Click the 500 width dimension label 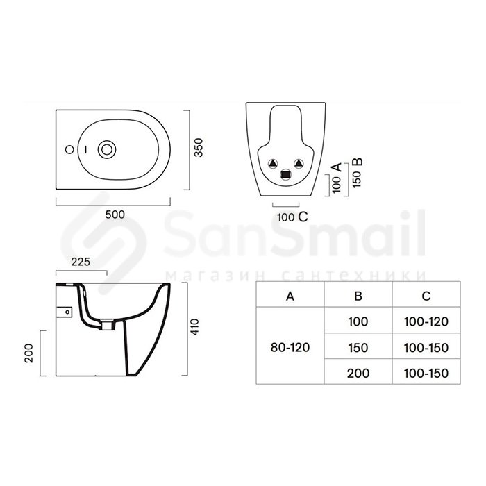click(x=115, y=215)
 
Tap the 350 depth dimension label click(x=199, y=147)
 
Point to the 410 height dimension click(x=194, y=327)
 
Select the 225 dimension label click(x=81, y=262)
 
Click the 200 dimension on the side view click(x=29, y=353)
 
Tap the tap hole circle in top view click(x=69, y=150)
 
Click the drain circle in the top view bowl click(x=107, y=150)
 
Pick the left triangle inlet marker click(x=273, y=163)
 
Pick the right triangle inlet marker click(x=299, y=163)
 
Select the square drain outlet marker click(x=286, y=174)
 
